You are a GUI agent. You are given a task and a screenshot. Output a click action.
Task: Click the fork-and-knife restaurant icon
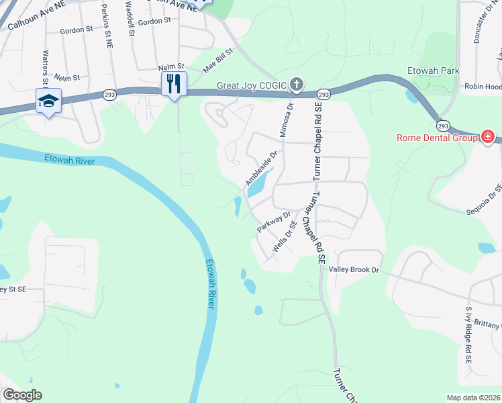[174, 83]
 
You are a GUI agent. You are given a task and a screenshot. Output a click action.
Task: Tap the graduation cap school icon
[48, 101]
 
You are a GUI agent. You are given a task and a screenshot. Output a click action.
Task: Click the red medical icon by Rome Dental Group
[487, 138]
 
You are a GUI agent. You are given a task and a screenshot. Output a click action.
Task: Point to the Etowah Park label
[434, 71]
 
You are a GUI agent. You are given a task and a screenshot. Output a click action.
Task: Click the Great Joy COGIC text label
[252, 85]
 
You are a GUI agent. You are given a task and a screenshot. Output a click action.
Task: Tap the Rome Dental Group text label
[437, 138]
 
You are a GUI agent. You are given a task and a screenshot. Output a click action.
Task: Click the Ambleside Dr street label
[261, 168]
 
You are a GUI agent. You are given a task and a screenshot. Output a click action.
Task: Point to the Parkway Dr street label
[273, 222]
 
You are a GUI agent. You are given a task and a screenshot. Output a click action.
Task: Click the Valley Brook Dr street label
[354, 269]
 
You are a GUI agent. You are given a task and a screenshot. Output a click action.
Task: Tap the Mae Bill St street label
[217, 60]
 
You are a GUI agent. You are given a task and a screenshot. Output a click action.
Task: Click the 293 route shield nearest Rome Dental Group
[442, 126]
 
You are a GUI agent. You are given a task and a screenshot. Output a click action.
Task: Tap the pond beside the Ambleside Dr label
[259, 183]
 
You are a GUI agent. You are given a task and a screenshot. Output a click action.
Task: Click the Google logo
[22, 395]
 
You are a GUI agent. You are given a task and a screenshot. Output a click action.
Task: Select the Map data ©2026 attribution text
[474, 398]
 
